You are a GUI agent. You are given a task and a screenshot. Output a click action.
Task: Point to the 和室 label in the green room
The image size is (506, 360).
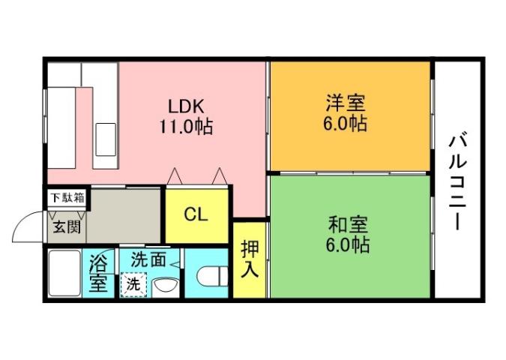pos(347,223)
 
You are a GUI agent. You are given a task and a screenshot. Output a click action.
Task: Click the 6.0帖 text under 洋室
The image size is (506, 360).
pos(346,124)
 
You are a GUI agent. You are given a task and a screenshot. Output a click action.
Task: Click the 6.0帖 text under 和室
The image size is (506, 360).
pos(347,244)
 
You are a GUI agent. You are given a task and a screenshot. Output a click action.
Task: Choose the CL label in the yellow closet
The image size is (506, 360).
pos(196,215)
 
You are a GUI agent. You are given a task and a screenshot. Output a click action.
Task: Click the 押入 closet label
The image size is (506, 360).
pos(250,259)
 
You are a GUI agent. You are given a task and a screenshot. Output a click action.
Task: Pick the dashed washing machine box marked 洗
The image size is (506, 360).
pos(133,285)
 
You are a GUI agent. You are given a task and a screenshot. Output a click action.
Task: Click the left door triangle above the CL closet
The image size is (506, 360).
pos(174,177)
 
